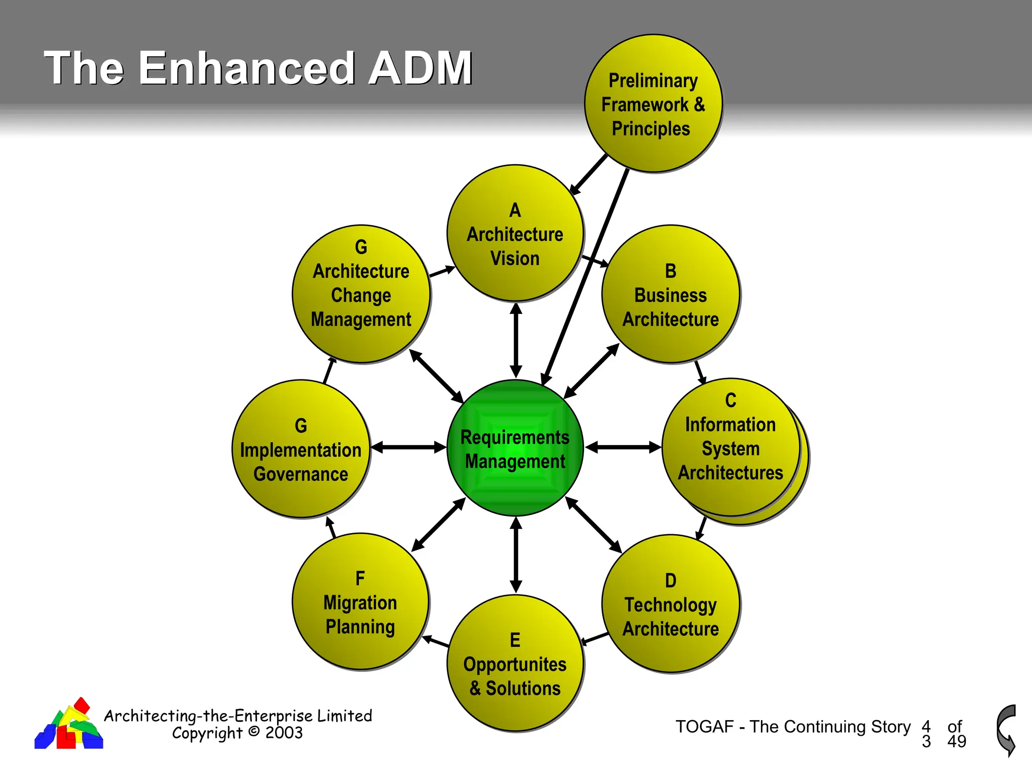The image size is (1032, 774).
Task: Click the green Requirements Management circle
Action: coord(515,448)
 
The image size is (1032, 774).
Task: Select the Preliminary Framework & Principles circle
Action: coord(653,104)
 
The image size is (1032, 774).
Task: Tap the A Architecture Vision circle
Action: coord(515,233)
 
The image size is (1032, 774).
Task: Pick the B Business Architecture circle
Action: coord(671,294)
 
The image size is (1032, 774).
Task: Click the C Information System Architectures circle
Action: coord(731,447)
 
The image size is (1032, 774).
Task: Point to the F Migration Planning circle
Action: coord(360,602)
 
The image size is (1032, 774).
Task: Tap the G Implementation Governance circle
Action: coord(301,449)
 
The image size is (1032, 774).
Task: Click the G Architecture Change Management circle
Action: coord(361,294)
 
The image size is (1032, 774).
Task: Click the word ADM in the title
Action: coord(420,68)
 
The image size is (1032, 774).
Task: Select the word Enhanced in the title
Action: coord(246,68)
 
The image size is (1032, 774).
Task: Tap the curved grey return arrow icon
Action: coord(1006,730)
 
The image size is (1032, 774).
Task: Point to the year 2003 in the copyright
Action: coord(284,733)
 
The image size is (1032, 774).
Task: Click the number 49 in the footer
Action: coord(956,741)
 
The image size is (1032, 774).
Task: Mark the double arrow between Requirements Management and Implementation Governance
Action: coord(409,447)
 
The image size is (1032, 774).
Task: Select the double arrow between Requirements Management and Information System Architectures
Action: coord(623,447)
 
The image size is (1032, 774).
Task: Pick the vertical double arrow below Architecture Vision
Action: coord(515,340)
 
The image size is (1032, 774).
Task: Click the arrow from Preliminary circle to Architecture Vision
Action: coord(589,174)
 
